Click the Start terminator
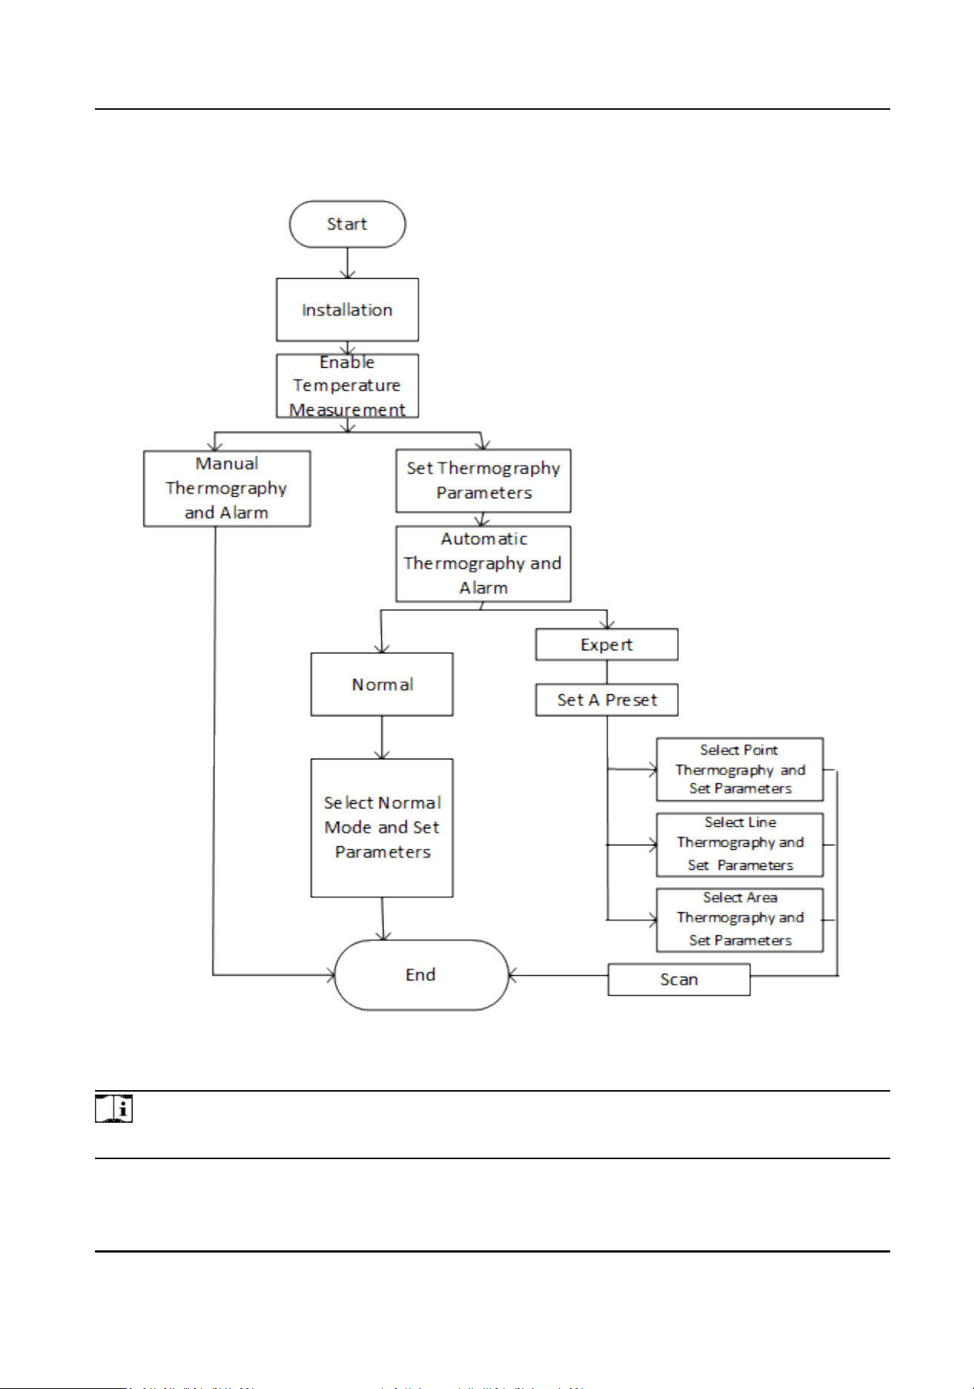coord(347,224)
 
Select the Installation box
coord(347,310)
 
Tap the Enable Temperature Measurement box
coord(347,386)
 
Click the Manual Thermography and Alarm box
coord(227,489)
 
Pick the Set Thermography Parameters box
coord(484,481)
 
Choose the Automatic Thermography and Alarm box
coord(484,564)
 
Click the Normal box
coord(382,684)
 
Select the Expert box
coord(607,644)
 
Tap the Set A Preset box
coord(607,700)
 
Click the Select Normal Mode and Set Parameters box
coord(382,828)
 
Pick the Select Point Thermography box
coord(740,770)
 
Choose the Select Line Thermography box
coord(740,845)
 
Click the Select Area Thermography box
coord(740,920)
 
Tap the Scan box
coord(680,980)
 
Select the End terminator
coord(421,975)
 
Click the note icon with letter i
coord(113,1109)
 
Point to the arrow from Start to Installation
coord(347,263)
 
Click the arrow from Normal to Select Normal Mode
coord(382,738)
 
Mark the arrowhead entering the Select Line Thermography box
coord(653,845)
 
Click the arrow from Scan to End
coord(559,976)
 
